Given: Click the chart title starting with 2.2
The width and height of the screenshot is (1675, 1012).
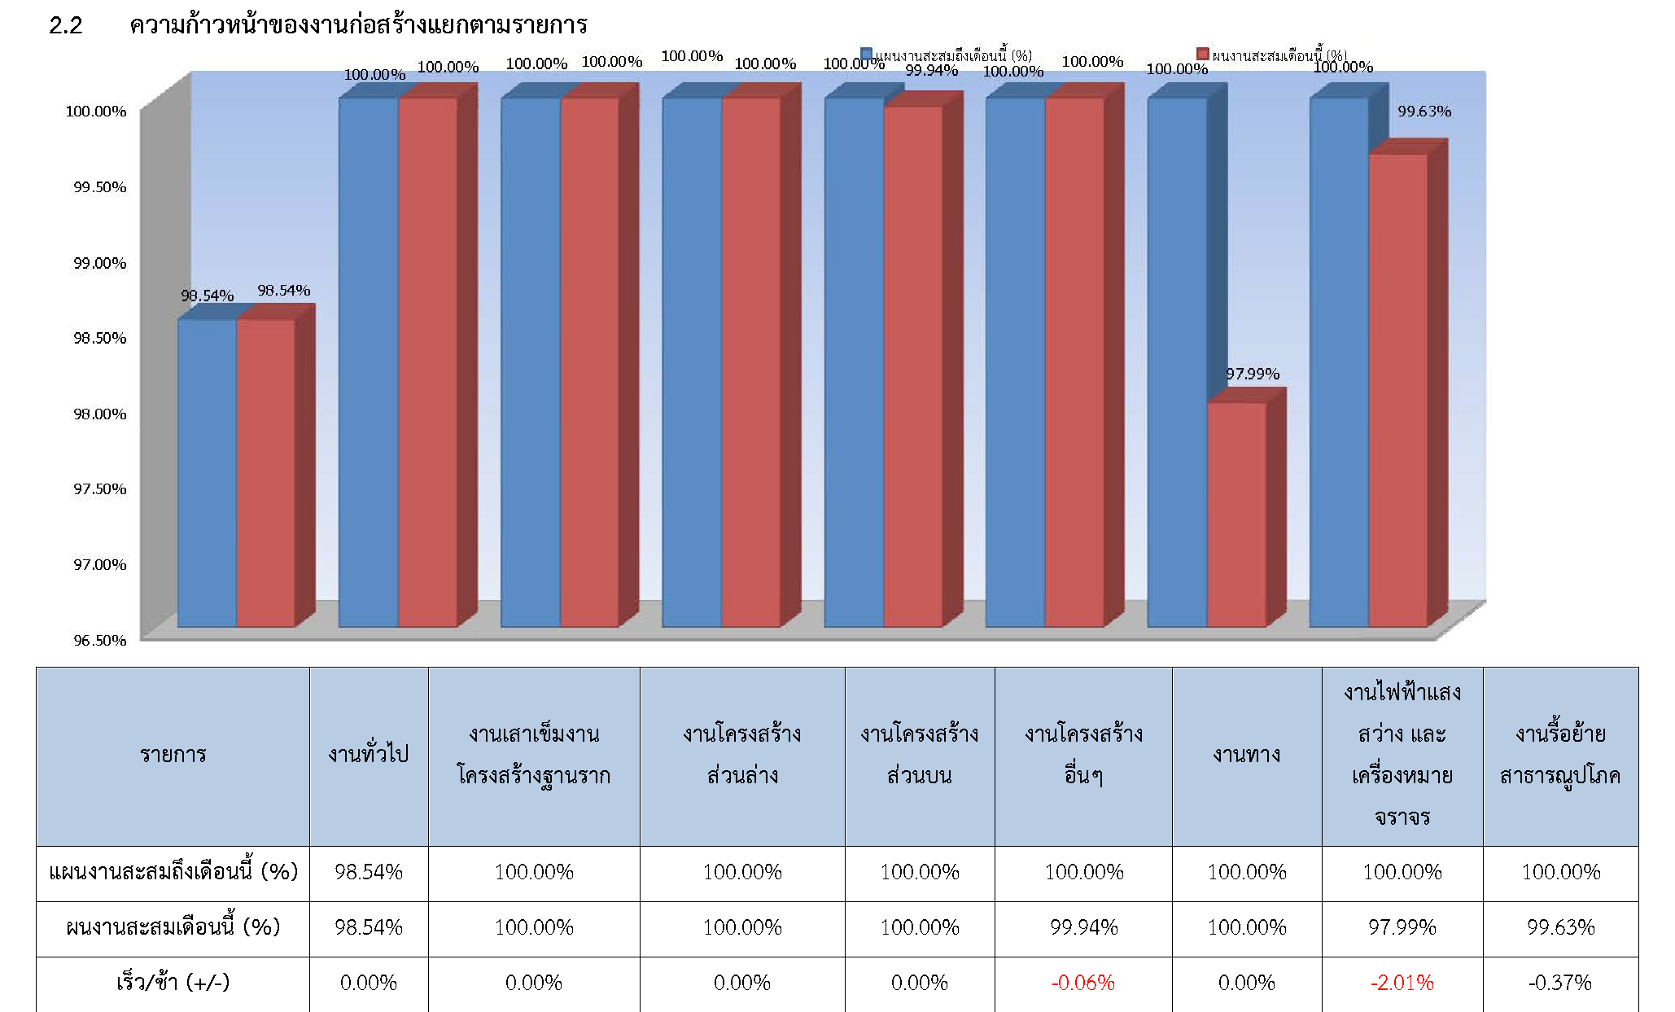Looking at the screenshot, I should (317, 25).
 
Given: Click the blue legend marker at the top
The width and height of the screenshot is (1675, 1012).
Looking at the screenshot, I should (867, 55).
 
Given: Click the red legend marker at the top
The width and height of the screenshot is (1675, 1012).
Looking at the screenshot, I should (1202, 55).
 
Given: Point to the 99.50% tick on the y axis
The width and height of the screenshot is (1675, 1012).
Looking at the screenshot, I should (99, 187).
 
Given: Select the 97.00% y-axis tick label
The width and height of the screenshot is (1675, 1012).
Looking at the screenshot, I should (99, 564).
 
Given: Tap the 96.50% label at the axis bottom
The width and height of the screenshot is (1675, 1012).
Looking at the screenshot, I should (99, 640).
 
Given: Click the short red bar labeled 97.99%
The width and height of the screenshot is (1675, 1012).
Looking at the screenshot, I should (1236, 513).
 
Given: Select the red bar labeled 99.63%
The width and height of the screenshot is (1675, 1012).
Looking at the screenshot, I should (1397, 391).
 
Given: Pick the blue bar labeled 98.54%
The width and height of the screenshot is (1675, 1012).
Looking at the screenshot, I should (207, 472).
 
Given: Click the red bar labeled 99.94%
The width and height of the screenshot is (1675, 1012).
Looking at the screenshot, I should (912, 366).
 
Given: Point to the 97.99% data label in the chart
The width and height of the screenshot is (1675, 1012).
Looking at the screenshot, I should (1253, 374).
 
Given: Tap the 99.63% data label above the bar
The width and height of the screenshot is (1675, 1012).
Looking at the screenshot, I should (1424, 112).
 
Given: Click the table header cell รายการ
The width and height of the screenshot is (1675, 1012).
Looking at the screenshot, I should (173, 755).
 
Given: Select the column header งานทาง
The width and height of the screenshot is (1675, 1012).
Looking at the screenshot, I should (1246, 755).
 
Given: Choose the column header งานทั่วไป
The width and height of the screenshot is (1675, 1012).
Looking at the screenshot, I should (368, 755).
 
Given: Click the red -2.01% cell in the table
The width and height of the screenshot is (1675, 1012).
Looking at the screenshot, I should (1402, 983).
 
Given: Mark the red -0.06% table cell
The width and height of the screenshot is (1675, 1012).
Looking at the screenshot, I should (1082, 983).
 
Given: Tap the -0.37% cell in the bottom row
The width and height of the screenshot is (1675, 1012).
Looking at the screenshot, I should (1559, 983).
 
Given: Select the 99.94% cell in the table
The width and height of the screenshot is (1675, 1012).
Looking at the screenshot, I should (1083, 927).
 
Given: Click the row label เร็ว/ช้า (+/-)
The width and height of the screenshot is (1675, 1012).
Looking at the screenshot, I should (173, 983).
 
